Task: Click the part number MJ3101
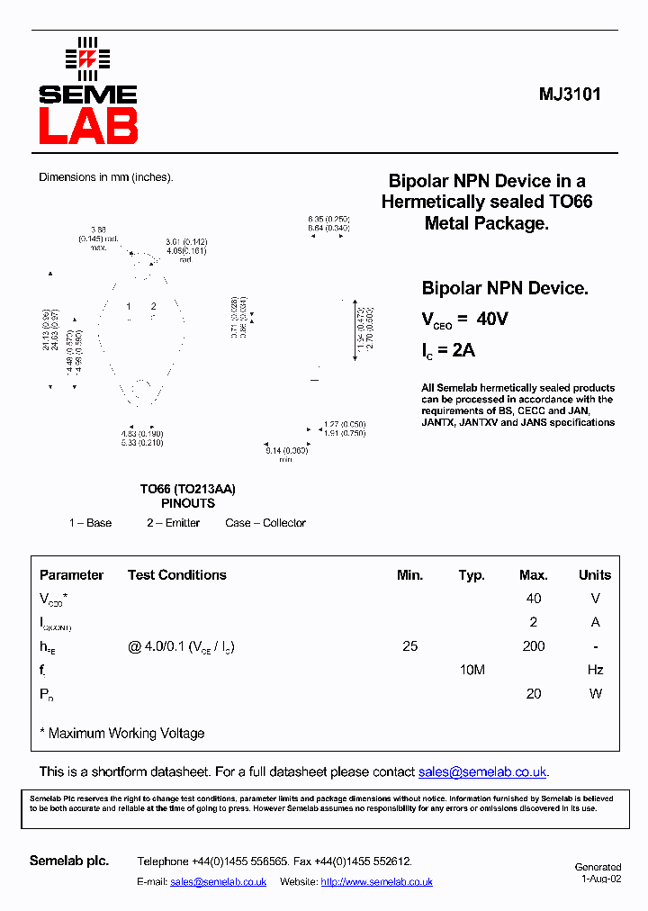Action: pos(570,95)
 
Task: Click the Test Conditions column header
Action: pos(176,575)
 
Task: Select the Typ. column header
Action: pos(471,575)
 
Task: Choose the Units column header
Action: pos(594,575)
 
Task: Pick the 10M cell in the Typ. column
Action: pos(472,670)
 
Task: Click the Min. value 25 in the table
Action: pos(409,646)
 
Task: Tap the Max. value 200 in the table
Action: pos(534,646)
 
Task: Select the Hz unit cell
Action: pos(594,670)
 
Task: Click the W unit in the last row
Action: pos(594,694)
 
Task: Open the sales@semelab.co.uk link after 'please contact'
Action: pos(481,772)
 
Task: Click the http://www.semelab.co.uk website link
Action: pos(376,882)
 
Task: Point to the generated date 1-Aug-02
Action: pos(600,879)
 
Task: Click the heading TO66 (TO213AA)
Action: pos(187,489)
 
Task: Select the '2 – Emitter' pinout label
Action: pos(173,523)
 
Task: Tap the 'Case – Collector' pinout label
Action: pos(265,523)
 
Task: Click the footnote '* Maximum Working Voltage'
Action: pos(122,734)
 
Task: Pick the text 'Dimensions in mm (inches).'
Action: pos(105,177)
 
